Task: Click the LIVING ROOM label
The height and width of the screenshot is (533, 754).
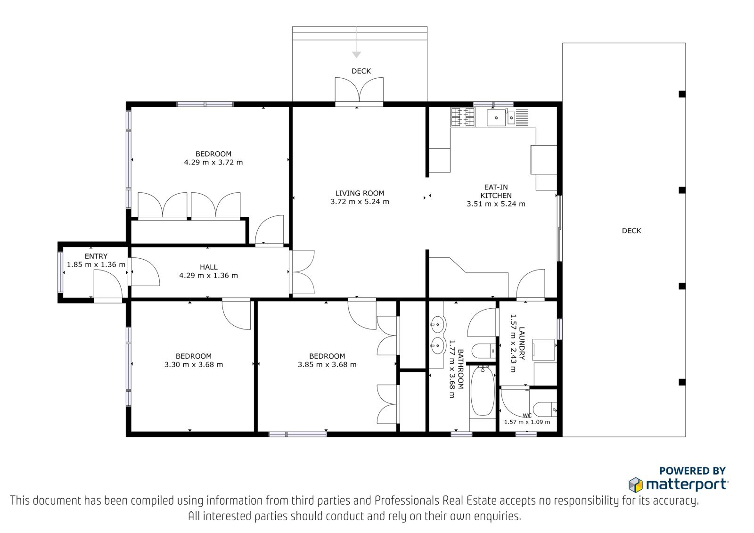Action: click(360, 193)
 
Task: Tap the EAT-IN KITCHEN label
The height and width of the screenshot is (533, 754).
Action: click(496, 191)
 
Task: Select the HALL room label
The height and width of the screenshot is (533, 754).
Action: click(209, 267)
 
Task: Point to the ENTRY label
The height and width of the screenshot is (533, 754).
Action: click(96, 256)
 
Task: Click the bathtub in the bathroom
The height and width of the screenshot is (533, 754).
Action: click(483, 392)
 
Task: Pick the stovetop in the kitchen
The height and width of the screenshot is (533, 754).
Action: click(463, 117)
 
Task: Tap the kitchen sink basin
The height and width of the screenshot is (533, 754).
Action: click(496, 117)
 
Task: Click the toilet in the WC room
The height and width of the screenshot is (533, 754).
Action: click(545, 410)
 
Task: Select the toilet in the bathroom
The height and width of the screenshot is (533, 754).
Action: click(484, 351)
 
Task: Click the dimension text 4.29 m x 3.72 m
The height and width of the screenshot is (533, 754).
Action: click(213, 162)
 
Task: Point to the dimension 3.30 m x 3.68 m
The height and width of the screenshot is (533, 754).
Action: click(194, 364)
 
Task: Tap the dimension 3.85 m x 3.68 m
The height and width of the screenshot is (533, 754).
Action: click(327, 364)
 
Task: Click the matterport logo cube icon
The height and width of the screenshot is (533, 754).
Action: click(636, 485)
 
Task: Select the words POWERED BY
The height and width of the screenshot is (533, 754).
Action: click(692, 471)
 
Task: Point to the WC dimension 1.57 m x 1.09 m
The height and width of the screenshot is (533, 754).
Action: click(527, 422)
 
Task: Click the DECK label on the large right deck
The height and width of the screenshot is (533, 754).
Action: click(631, 230)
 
